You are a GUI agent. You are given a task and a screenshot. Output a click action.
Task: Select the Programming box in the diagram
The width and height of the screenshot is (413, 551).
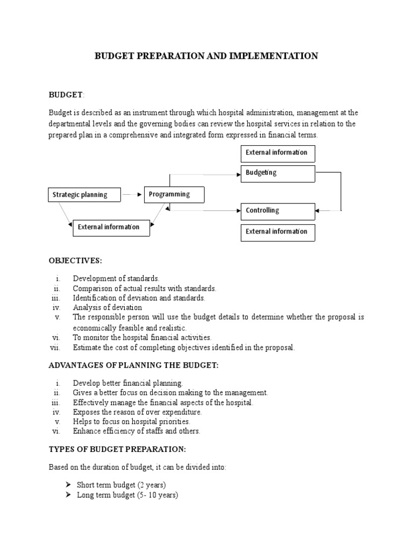tap(174, 194)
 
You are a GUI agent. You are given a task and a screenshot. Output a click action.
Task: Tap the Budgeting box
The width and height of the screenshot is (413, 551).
tap(277, 173)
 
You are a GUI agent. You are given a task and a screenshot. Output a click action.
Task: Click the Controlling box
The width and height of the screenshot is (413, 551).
tap(277, 211)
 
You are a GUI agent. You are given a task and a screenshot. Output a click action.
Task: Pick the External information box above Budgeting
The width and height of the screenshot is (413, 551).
tap(277, 153)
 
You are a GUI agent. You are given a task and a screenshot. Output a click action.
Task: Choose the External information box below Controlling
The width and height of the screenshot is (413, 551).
tap(277, 232)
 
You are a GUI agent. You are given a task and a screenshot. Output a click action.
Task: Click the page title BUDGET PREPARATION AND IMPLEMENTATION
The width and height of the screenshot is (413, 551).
tap(206, 56)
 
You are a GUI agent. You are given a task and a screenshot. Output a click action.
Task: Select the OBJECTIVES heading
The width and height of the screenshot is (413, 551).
tap(75, 261)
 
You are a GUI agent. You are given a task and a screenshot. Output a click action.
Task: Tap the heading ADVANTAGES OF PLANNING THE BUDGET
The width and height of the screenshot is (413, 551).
tap(134, 365)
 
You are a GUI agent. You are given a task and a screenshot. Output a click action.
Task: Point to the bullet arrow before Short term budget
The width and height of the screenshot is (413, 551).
tap(68, 485)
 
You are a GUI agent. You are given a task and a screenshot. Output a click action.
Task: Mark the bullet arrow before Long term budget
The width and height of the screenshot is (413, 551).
tap(68, 495)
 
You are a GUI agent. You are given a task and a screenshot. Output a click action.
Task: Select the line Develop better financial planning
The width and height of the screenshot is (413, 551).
tap(128, 383)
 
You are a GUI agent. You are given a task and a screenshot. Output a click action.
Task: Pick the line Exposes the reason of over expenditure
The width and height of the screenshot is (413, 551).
tap(137, 412)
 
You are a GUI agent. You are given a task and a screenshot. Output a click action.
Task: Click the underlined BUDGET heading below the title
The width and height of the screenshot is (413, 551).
tap(66, 95)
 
